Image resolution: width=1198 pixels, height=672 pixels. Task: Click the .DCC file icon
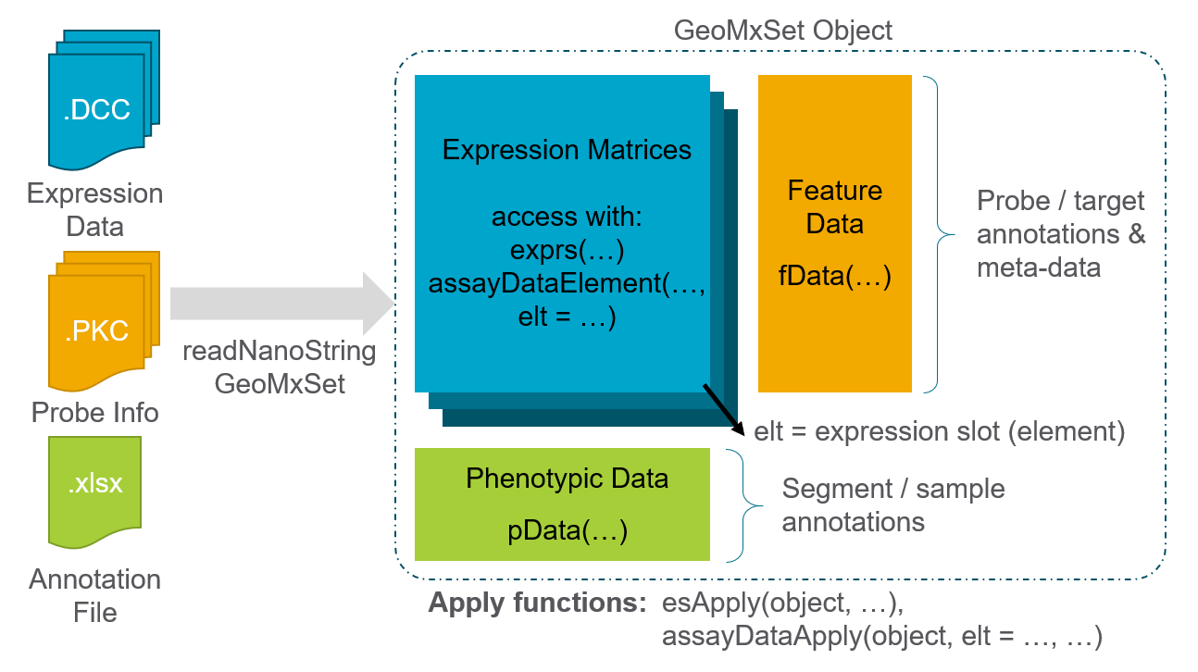96,102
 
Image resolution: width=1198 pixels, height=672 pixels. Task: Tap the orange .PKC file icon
96,323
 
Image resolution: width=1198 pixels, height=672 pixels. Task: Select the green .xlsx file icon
94,491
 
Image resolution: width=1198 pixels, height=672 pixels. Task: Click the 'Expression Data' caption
94,210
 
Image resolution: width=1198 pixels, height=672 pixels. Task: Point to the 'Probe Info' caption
95,412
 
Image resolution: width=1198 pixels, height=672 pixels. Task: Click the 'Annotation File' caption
94,595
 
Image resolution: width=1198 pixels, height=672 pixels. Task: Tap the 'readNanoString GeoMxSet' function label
279,367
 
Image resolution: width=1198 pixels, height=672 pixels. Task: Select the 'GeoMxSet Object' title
783,30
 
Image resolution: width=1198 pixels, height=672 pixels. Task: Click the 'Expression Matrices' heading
567,150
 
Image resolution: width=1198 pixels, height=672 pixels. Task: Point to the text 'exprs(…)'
567,250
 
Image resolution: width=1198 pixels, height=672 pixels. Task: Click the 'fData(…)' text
835,277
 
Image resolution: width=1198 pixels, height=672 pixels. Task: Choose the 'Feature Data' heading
835,207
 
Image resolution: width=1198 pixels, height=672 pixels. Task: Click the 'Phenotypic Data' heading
567,479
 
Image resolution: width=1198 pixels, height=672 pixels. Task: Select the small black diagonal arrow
724,409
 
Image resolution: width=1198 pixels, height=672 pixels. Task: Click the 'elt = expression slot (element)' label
939,431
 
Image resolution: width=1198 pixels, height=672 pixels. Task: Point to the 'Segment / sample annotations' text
893,505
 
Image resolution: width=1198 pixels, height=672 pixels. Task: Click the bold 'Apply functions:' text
537,604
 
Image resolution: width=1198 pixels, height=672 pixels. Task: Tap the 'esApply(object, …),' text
782,604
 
